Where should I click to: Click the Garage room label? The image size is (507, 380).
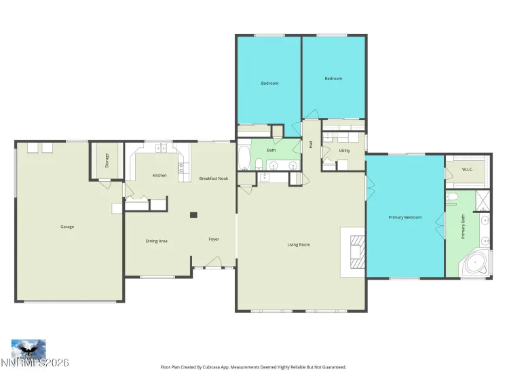click(67, 227)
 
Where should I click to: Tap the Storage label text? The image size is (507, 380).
click(107, 161)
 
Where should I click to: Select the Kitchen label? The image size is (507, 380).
click(159, 176)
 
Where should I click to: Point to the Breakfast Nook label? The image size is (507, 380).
click(213, 178)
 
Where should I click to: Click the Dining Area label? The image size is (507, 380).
click(156, 241)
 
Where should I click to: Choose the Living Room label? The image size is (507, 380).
click(299, 244)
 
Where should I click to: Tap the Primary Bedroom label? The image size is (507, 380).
click(405, 218)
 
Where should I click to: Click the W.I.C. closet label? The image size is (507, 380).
click(468, 169)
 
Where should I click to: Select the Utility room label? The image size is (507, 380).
click(344, 151)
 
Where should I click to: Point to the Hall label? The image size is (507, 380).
click(311, 143)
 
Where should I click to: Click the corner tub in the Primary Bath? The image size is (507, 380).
click(477, 263)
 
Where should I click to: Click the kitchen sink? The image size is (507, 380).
click(162, 147)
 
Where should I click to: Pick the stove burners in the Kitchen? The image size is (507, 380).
click(181, 167)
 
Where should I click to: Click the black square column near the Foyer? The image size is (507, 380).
click(193, 215)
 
